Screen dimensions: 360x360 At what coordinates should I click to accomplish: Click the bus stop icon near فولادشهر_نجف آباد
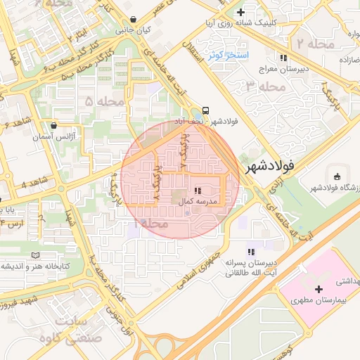(205, 110)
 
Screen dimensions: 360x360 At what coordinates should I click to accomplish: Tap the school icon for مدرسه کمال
(198, 190)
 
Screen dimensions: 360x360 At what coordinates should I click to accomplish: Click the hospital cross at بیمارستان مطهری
(319, 289)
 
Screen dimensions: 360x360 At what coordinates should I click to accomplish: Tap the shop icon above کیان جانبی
(134, 19)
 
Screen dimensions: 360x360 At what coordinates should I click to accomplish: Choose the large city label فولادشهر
(277, 168)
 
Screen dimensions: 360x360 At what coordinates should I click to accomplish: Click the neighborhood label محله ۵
(98, 103)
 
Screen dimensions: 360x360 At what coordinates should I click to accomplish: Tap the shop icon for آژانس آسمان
(53, 126)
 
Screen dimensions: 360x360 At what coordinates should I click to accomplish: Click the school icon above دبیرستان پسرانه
(250, 251)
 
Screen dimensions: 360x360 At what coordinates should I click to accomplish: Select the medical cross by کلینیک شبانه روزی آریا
(241, 12)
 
